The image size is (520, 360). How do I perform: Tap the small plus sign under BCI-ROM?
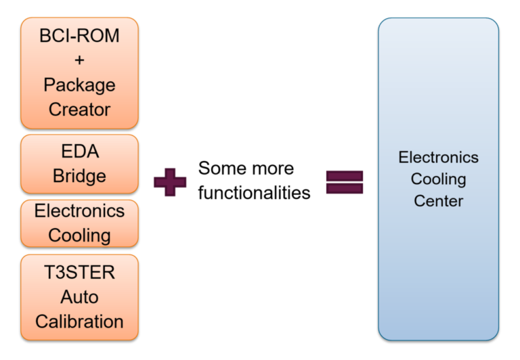point(79,61)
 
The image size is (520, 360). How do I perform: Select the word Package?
point(79,85)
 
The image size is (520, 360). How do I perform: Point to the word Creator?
point(79,109)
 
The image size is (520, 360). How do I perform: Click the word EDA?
point(79,152)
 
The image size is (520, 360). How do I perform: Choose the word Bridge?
point(79,176)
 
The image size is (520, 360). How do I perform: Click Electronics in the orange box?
point(79,210)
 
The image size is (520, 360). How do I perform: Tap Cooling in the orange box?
point(79,235)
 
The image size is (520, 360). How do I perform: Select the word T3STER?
point(79,273)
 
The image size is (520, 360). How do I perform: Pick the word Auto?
point(79,296)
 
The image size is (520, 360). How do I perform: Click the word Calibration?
point(79,321)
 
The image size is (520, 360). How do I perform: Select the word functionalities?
point(254,193)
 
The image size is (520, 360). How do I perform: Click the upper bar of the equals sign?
point(345,175)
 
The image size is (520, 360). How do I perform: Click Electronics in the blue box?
point(438,158)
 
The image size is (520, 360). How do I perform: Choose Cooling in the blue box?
point(438,179)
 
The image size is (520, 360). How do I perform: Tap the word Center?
point(438,201)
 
